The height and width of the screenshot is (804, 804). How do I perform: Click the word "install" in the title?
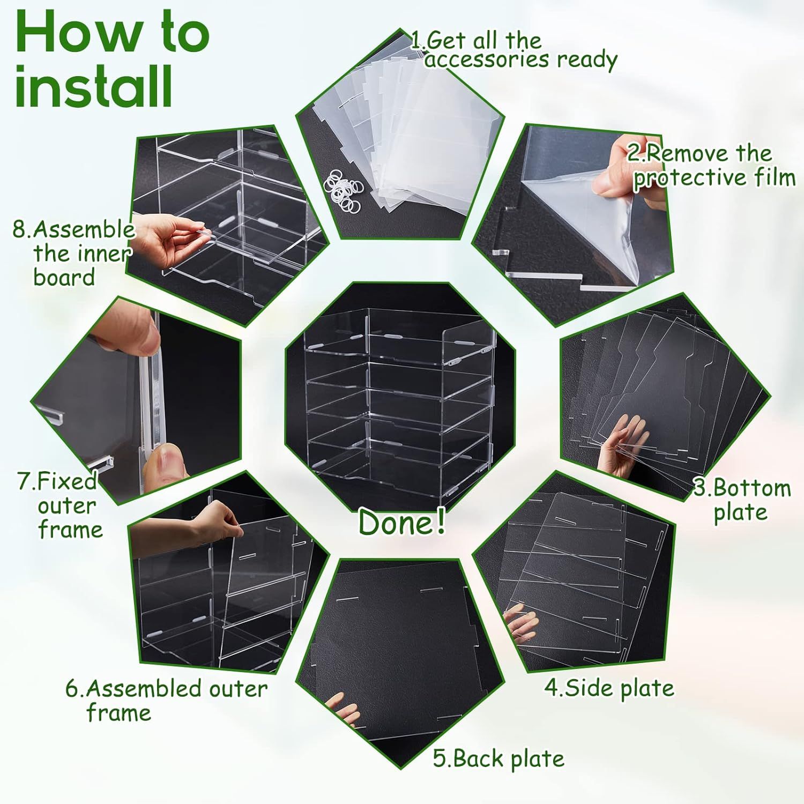click(94, 86)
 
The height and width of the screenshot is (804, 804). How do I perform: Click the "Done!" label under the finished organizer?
click(402, 522)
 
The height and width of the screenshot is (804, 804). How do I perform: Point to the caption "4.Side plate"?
click(609, 688)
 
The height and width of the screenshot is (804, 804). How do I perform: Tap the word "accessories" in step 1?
click(487, 59)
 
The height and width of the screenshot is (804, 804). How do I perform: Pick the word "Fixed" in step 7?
click(67, 481)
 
